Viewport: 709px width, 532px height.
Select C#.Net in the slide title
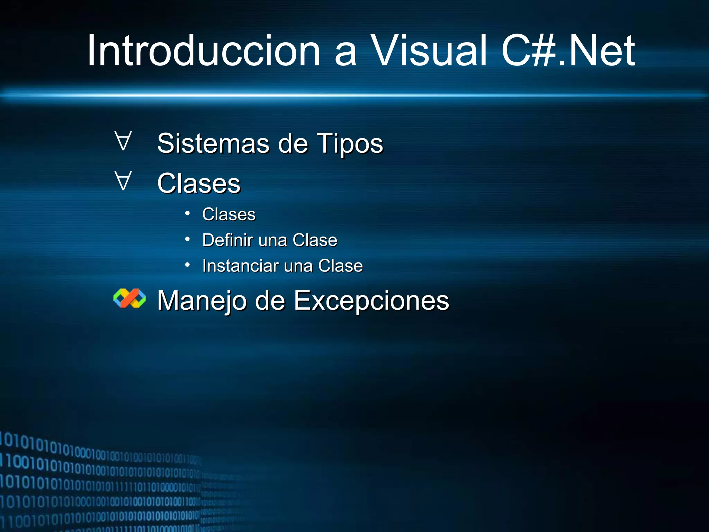tap(568, 51)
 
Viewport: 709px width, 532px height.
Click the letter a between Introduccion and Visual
tap(345, 55)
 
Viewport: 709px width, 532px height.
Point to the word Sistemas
tap(213, 143)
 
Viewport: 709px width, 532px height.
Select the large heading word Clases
tap(199, 184)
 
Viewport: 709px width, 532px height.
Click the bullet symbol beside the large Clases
tap(123, 181)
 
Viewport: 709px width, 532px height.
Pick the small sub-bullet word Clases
tap(229, 214)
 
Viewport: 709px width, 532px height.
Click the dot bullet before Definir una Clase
tap(187, 239)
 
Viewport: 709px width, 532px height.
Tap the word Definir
tap(227, 240)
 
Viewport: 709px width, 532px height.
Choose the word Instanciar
tap(240, 266)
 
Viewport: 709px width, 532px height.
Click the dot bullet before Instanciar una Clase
tap(187, 265)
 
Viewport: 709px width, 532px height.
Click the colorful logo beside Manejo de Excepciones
tap(129, 298)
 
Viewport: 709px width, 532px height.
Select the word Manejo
tap(202, 301)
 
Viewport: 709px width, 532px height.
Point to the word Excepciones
tap(371, 301)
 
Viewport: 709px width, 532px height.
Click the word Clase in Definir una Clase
tap(315, 240)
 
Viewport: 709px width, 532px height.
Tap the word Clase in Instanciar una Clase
tap(340, 266)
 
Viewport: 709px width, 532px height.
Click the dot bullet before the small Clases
tap(187, 213)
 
